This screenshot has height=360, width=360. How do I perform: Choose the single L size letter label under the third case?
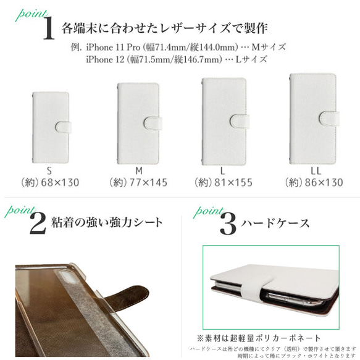pos(225,170)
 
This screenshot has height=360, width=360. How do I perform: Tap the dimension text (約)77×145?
pos(140,183)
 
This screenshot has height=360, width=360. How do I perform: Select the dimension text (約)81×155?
pos(226,183)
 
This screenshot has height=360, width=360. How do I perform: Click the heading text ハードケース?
pos(275,223)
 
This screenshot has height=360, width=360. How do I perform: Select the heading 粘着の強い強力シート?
pos(106,222)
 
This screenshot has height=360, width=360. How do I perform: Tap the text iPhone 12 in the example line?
pos(105,59)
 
